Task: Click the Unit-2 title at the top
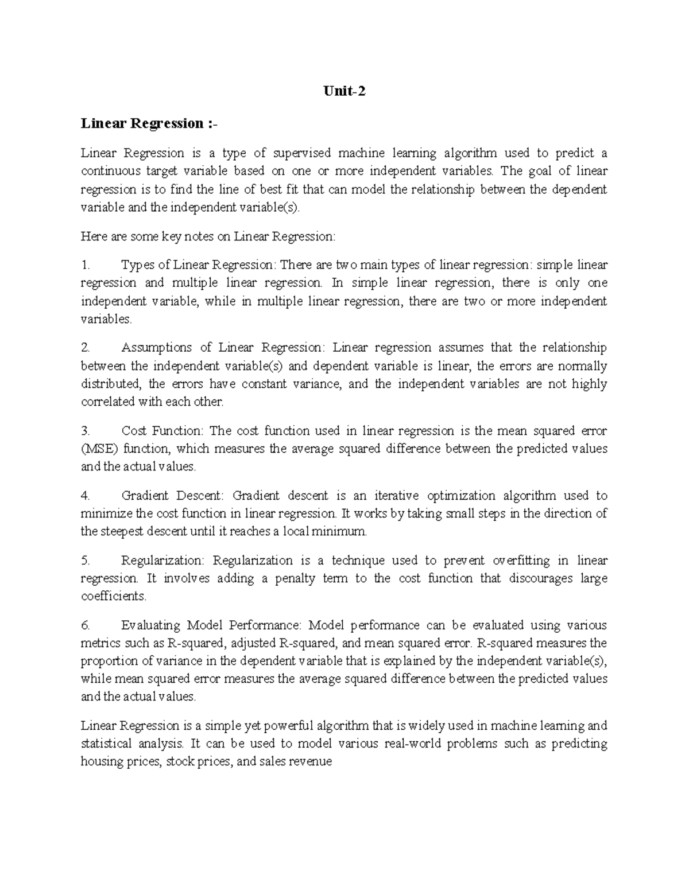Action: coord(344,91)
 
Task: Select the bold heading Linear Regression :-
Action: coord(150,123)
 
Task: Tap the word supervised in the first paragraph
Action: coord(301,153)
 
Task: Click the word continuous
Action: coord(110,171)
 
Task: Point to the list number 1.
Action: coord(86,265)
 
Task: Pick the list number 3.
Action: coord(86,431)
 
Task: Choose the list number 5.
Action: coord(86,561)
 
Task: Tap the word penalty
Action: coord(295,578)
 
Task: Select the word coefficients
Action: coord(113,597)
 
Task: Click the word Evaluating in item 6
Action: coord(151,625)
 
